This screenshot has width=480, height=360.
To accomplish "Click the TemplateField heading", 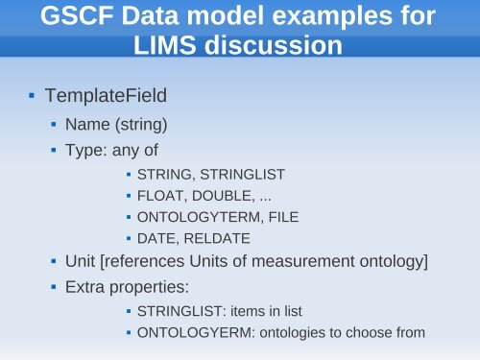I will [x=98, y=96].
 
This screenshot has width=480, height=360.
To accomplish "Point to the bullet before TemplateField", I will [x=32, y=96].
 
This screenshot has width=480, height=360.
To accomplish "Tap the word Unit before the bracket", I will [x=79, y=261].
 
